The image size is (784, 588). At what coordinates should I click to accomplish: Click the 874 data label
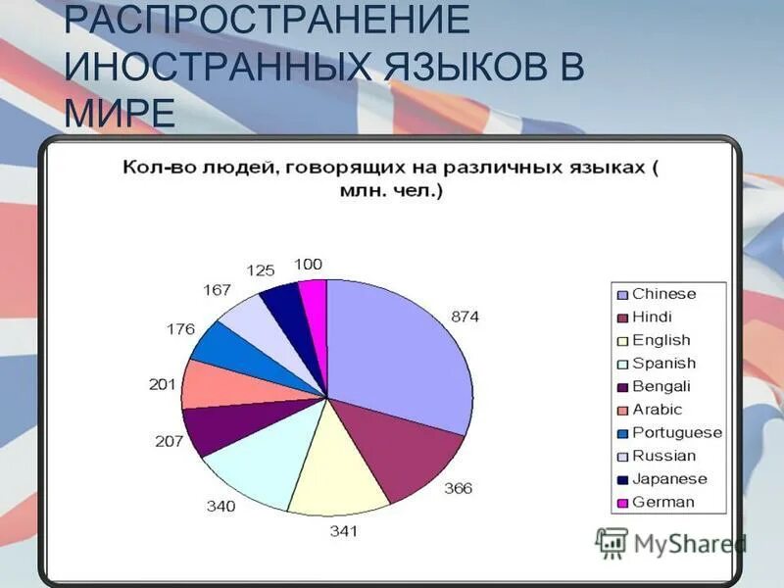(465, 317)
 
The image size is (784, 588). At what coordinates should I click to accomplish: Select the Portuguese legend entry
(676, 433)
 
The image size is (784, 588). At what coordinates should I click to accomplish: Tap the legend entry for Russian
(663, 456)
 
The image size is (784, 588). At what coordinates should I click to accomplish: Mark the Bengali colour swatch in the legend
(621, 387)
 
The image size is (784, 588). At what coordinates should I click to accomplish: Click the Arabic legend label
(657, 410)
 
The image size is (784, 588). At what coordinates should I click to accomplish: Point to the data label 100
(309, 265)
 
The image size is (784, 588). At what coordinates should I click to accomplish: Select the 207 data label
(170, 441)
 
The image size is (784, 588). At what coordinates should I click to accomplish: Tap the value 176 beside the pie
(182, 329)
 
